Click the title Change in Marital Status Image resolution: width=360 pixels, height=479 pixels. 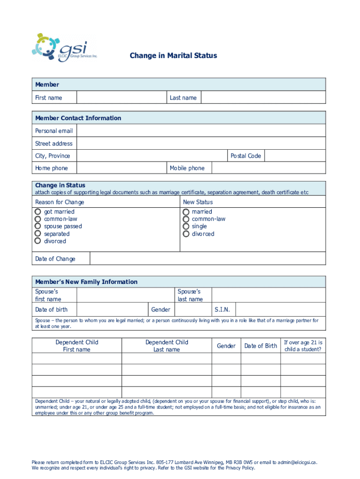click(x=173, y=56)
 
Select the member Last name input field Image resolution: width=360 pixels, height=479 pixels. click(x=263, y=97)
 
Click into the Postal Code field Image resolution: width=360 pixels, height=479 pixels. click(x=295, y=156)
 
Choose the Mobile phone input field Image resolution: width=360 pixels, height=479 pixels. click(x=268, y=168)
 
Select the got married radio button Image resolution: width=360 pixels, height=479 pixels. click(x=37, y=212)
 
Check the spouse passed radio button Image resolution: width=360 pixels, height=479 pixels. click(x=37, y=226)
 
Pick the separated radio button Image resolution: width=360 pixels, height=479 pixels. click(x=37, y=234)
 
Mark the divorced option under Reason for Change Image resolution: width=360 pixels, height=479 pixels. click(x=37, y=241)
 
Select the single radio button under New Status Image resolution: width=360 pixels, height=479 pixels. click(x=186, y=226)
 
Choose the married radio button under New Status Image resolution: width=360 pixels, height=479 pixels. click(x=186, y=212)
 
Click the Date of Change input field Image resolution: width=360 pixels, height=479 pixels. click(x=207, y=259)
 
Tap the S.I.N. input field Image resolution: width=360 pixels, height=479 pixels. click(x=281, y=309)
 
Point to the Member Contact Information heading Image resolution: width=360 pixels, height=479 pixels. click(x=78, y=118)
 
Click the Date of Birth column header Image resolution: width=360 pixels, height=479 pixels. click(x=260, y=346)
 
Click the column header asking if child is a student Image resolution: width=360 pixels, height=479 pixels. click(x=303, y=346)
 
